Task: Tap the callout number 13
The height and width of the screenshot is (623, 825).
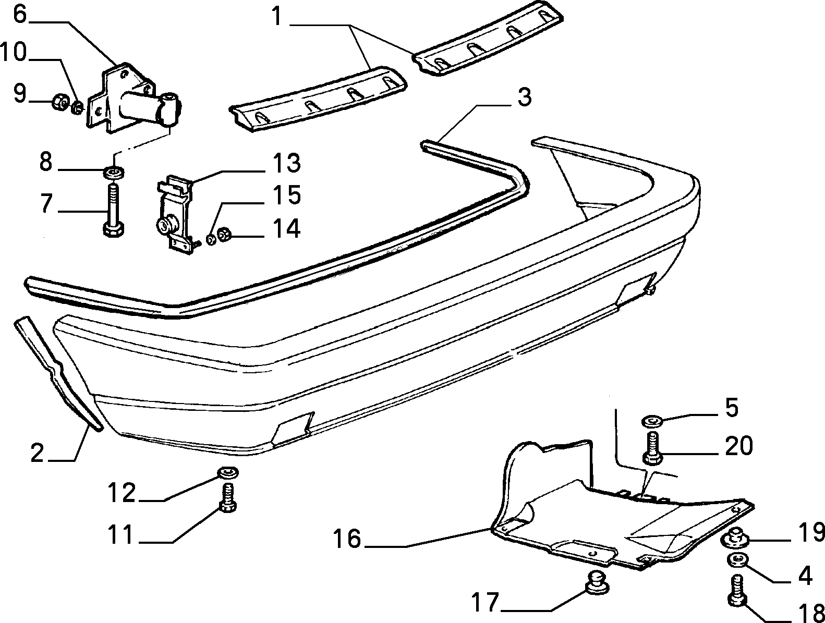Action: pyautogui.click(x=287, y=163)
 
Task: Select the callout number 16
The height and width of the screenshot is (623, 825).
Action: pyautogui.click(x=347, y=538)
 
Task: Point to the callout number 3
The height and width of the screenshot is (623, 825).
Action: pyautogui.click(x=524, y=97)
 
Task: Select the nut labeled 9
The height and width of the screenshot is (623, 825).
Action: pyautogui.click(x=60, y=101)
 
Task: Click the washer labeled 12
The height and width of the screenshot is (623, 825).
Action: pyautogui.click(x=228, y=473)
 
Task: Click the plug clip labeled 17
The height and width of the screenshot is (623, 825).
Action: pyautogui.click(x=597, y=583)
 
